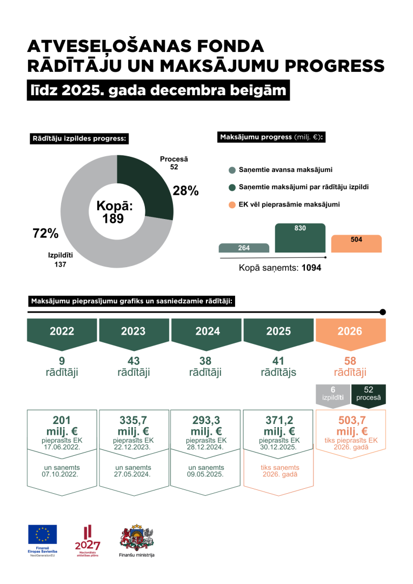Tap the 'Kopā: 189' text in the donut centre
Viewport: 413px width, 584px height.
pos(114,212)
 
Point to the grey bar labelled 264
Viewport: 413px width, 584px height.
pos(244,248)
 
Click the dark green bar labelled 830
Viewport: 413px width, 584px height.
pos(300,238)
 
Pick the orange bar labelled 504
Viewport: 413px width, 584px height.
pos(356,244)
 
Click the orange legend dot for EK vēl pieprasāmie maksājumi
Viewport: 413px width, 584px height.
pos(232,205)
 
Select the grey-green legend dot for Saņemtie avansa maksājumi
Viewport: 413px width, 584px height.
pos(232,170)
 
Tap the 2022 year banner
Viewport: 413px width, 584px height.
pos(62,331)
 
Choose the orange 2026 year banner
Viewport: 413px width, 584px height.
pos(350,331)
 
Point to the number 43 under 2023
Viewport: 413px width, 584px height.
pos(134,361)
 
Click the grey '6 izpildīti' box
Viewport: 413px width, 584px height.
pos(333,394)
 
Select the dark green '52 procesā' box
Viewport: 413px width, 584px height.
pos(368,394)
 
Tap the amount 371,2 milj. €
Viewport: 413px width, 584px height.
pos(278,426)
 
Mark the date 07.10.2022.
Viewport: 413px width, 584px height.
pos(62,474)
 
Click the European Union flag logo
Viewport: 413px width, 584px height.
pos(43,535)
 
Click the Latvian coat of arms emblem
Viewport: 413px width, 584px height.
pos(137,536)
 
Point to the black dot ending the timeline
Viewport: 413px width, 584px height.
pos(383,312)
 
